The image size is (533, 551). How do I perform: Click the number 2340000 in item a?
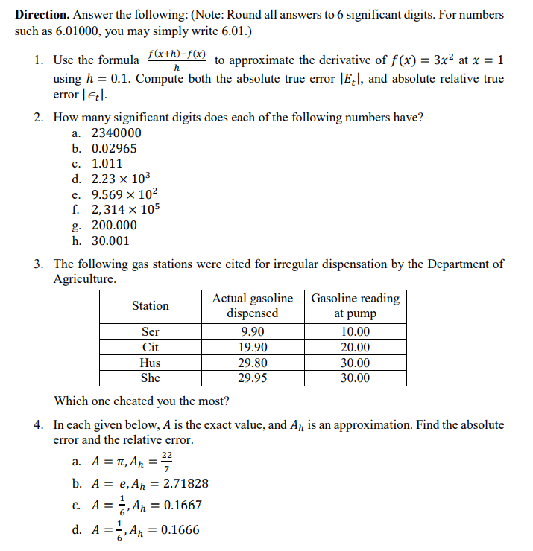[116, 133]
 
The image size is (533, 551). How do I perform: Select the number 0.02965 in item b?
[114, 148]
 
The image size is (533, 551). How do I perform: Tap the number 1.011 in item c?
[107, 164]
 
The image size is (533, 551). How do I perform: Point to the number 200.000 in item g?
[114, 226]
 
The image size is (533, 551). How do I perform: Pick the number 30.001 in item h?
[110, 241]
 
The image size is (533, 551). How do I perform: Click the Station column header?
[151, 306]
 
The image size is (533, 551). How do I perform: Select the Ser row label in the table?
[151, 332]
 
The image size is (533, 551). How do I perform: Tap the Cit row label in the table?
[151, 348]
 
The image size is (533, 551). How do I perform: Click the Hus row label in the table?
[151, 363]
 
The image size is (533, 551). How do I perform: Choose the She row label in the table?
[151, 378]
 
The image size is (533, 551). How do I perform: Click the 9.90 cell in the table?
[253, 332]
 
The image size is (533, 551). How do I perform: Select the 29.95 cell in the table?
[253, 378]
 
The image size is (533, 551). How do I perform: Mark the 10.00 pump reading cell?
[355, 332]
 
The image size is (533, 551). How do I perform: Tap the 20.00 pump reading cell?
[355, 348]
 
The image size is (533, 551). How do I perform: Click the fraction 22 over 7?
[166, 462]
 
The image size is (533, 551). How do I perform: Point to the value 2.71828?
[183, 484]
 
